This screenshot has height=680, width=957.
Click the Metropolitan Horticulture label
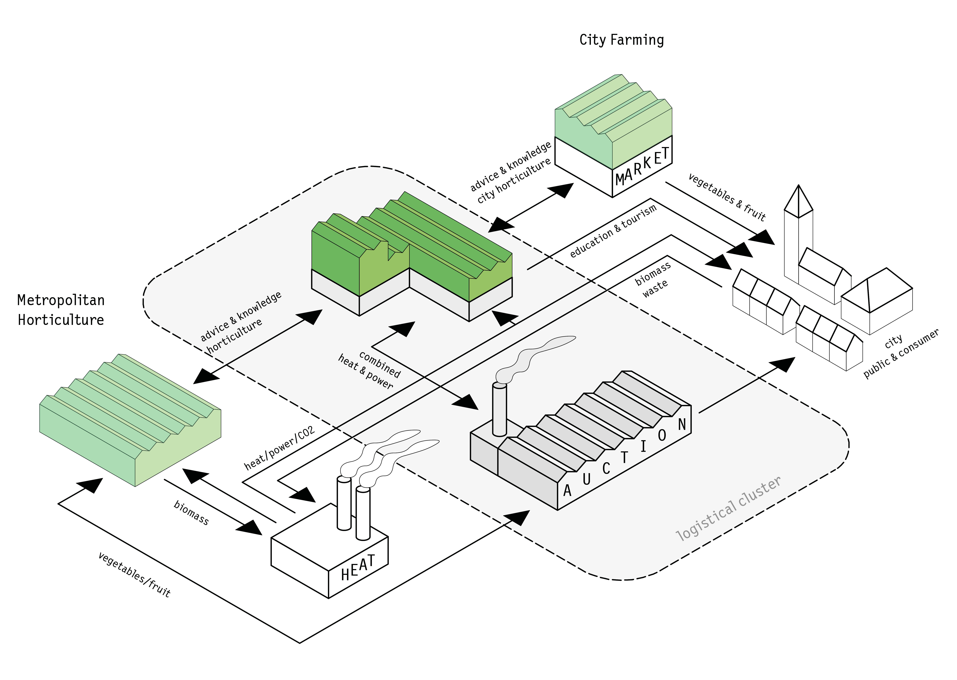click(61, 310)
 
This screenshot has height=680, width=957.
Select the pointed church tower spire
click(798, 201)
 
